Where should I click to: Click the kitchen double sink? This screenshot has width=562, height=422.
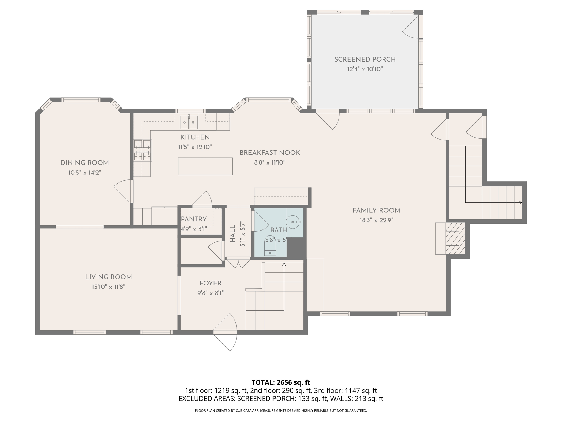(x=189, y=123)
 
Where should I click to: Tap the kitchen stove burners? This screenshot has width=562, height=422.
(x=143, y=150)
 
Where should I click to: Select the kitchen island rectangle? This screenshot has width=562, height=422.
(x=205, y=166)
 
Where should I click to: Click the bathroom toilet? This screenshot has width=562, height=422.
(x=270, y=246)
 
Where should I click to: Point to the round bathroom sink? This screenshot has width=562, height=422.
(x=293, y=222)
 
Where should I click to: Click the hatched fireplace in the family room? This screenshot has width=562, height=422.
(x=455, y=238)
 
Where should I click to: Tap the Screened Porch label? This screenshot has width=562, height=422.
(x=365, y=59)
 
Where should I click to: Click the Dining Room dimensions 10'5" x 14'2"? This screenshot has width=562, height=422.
(x=85, y=173)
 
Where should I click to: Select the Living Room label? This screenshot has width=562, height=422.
(x=108, y=277)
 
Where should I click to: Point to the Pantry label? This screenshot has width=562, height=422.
(x=194, y=219)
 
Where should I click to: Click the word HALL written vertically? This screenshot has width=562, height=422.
(x=233, y=234)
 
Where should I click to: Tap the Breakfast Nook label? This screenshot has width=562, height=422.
(x=269, y=153)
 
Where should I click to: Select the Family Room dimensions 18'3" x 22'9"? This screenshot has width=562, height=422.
(x=376, y=220)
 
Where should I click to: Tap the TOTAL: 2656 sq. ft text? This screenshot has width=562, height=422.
(x=281, y=382)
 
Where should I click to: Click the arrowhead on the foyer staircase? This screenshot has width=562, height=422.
(x=284, y=265)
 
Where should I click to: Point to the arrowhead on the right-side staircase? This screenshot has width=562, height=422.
(x=520, y=203)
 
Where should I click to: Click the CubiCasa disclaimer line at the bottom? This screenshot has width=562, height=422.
(x=281, y=411)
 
